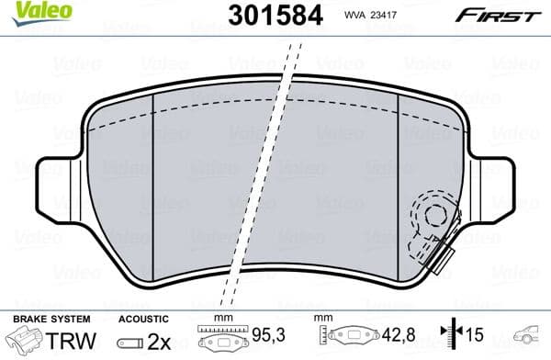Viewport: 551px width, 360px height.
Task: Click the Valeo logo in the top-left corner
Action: pos(31,11)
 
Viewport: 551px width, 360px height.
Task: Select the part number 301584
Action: pos(264,16)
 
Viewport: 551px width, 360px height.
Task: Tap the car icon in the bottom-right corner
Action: pos(531,338)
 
